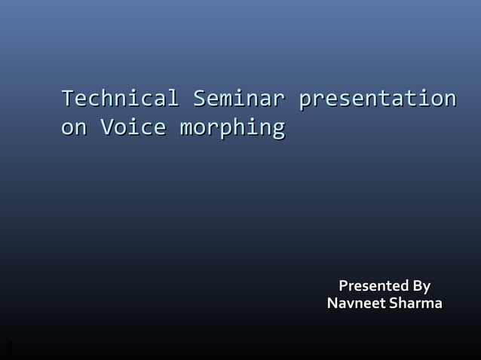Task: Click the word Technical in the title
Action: pos(120,99)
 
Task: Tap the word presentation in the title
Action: pos(376,99)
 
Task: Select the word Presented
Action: pos(369,286)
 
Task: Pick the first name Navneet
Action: pos(355,304)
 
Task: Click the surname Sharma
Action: pos(415,304)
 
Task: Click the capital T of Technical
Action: pos(68,98)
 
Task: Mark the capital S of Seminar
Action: pos(200,98)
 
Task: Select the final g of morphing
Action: pos(277,130)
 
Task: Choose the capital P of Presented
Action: pos(344,286)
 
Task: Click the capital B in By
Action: pos(412,286)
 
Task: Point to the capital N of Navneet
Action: pos(332,304)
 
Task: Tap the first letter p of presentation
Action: pos(305,101)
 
